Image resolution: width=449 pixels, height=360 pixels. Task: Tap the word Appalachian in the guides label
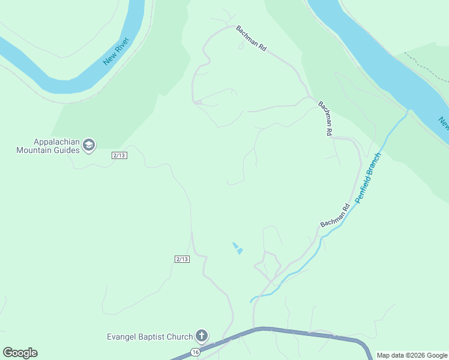[55, 142]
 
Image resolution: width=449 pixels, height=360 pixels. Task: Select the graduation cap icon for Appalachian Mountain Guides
[89, 145]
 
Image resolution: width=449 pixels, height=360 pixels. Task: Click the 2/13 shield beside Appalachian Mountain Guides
[119, 155]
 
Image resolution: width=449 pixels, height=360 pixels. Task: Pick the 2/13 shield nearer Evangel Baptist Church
[182, 259]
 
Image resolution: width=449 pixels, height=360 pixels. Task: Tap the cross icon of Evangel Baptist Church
[202, 336]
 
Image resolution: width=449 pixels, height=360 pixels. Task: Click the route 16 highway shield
[195, 352]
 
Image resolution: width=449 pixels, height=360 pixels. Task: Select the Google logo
[20, 353]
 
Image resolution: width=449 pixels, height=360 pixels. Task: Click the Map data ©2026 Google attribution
[412, 355]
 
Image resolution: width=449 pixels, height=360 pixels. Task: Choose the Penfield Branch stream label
[367, 178]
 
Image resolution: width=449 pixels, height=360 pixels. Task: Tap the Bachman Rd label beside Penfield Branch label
[335, 216]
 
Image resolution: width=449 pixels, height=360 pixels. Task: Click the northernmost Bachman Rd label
[251, 38]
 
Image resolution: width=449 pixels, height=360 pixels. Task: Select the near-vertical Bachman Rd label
[325, 119]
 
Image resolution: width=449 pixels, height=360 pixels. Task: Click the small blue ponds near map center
[238, 248]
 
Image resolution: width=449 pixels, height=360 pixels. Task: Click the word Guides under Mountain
[66, 150]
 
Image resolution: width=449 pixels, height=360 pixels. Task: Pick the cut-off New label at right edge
[443, 122]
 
